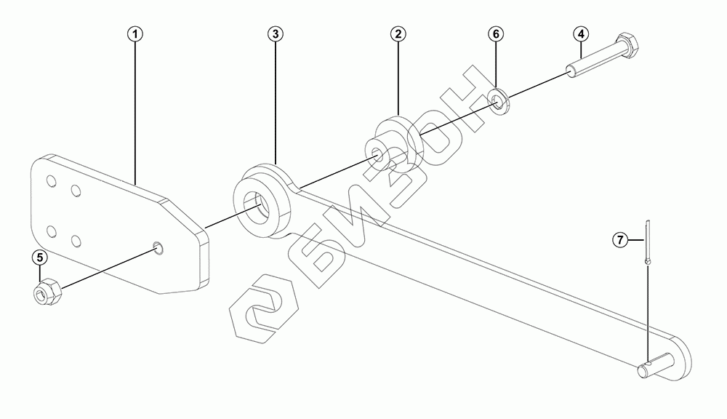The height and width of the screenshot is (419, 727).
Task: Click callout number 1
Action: [136, 34]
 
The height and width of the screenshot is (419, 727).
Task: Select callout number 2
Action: [398, 34]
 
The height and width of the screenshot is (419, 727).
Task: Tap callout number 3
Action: [275, 34]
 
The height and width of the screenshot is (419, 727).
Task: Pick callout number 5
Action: [40, 257]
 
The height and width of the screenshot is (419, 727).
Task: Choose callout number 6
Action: [495, 34]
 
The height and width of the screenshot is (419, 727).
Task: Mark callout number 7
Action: [619, 239]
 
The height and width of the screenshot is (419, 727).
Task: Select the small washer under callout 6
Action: [499, 101]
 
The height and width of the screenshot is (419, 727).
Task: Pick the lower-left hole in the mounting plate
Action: [51, 231]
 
